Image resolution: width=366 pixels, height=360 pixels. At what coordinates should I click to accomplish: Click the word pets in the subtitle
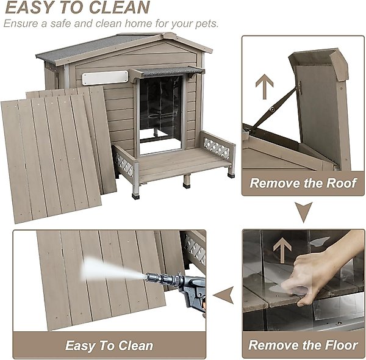[206, 24]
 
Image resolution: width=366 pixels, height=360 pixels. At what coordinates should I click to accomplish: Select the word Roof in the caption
[342, 183]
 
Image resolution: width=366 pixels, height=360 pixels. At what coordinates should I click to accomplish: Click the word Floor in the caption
[341, 345]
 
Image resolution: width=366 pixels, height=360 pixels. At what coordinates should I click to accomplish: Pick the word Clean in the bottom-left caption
[135, 345]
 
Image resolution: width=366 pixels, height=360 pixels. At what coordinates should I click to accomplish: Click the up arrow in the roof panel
[264, 87]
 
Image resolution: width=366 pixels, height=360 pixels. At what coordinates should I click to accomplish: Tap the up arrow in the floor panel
[282, 250]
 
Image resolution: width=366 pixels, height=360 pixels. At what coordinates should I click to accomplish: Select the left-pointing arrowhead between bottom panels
[224, 295]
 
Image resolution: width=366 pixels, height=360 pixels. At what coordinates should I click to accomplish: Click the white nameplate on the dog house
[105, 77]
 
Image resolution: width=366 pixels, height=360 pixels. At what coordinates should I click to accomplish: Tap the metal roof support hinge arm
[273, 109]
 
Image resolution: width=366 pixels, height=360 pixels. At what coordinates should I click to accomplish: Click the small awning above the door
[166, 71]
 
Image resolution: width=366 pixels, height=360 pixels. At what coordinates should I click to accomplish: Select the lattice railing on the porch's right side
[217, 148]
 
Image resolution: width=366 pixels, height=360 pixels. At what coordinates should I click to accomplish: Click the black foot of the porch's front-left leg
[135, 196]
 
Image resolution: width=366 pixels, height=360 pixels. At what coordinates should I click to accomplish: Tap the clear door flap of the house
[160, 115]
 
